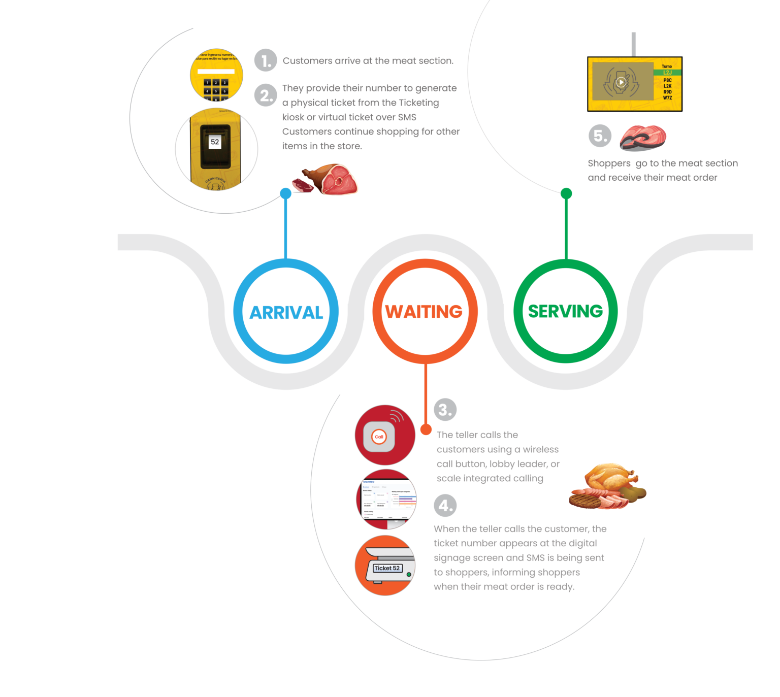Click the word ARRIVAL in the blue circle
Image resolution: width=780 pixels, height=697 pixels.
(286, 313)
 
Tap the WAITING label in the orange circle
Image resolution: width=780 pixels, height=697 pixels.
(424, 312)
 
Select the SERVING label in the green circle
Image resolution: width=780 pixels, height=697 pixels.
(565, 311)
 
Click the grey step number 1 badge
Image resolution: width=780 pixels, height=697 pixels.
(266, 60)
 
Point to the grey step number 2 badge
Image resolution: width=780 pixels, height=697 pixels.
(266, 95)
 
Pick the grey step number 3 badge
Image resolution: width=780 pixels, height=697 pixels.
(445, 409)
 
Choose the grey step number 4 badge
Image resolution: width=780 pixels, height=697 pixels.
(445, 505)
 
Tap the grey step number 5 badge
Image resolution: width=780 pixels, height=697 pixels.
(600, 136)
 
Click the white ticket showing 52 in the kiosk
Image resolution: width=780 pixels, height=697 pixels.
(215, 142)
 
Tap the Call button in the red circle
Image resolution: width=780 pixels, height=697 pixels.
(379, 437)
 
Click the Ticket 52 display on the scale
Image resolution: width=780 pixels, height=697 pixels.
(387, 568)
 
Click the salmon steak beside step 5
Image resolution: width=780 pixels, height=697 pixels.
(643, 138)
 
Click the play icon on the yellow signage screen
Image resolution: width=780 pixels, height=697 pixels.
(621, 82)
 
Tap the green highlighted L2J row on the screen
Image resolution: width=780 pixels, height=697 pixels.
(667, 73)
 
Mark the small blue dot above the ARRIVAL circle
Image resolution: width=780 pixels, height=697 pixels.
(286, 193)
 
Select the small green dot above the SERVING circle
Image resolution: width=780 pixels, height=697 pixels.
(566, 193)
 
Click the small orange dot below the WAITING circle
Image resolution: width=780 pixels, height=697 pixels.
(426, 429)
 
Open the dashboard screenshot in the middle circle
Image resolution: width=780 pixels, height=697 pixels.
(386, 499)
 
